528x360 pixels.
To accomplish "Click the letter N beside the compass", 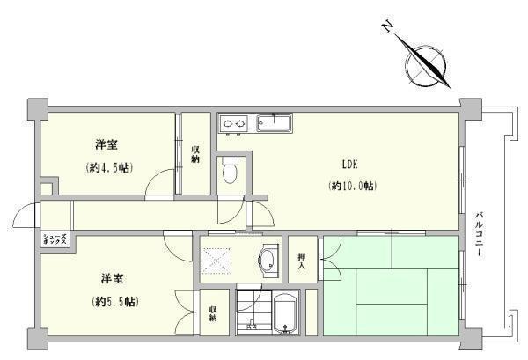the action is pos(387,26).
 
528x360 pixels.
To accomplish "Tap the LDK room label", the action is pos(350,165).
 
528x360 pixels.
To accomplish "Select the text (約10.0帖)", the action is pos(352,186).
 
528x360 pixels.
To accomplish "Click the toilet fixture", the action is pos(231,170).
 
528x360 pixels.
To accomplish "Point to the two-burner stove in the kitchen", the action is pos(233,123).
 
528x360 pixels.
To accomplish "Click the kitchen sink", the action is pos(274,123).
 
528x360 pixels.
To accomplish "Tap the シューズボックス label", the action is pos(55,239).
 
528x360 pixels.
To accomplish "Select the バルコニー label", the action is pos(480,234).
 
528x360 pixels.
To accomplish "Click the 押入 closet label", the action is pos(302,261).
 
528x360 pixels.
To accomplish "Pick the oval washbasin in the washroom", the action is pos(268,261).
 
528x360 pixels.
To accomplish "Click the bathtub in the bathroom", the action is pos(285,314).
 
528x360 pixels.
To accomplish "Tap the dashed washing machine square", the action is pos(216,261).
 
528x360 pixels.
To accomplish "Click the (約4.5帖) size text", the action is pos(109,167).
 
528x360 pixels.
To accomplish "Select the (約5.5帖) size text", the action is pos(115,302).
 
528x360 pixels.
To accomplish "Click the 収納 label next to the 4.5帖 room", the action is pos(195,154).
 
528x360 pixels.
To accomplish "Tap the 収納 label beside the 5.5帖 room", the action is pos(213,313).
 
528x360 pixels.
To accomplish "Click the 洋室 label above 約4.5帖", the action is pos(106,145).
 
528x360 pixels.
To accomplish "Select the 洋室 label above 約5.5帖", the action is pos(112,279).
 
